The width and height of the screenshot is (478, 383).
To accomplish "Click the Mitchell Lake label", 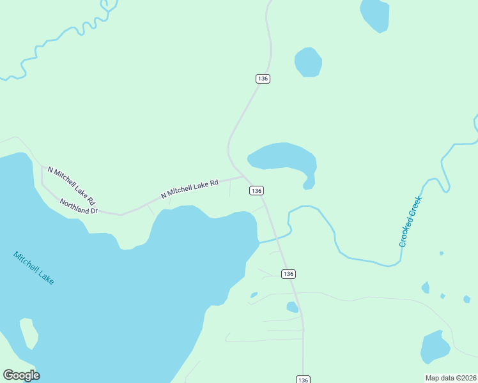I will click(34, 267).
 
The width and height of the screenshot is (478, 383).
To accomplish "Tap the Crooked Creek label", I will click(411, 222).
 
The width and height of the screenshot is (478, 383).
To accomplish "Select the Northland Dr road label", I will click(79, 206).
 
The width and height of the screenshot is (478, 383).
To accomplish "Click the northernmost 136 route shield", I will click(263, 79).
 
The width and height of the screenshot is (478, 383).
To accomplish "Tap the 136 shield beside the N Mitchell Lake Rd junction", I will click(256, 191).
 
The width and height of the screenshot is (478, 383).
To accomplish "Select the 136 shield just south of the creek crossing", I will click(288, 274).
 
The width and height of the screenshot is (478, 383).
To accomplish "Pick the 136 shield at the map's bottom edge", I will click(303, 379).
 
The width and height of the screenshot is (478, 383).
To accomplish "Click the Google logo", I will click(21, 375).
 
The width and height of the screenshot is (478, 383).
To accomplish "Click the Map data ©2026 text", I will click(451, 378).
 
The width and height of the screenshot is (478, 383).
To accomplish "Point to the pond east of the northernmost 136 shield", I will click(308, 63).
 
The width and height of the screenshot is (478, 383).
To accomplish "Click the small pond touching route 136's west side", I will click(292, 307).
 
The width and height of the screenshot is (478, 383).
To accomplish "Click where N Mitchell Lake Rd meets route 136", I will click(242, 176).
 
